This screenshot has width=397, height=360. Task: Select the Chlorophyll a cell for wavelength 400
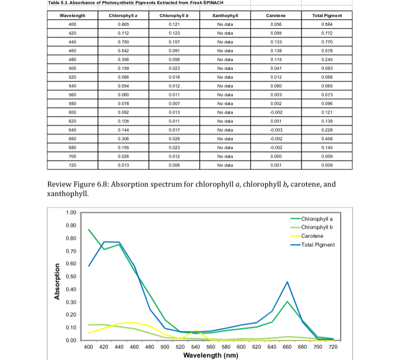coord(124,24)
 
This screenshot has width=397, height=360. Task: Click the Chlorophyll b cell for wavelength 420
coord(173,33)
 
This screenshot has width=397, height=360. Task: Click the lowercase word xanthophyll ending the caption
coord(66,193)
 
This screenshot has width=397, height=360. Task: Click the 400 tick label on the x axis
coord(89,347)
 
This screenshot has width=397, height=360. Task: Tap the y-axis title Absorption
coord(57,280)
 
